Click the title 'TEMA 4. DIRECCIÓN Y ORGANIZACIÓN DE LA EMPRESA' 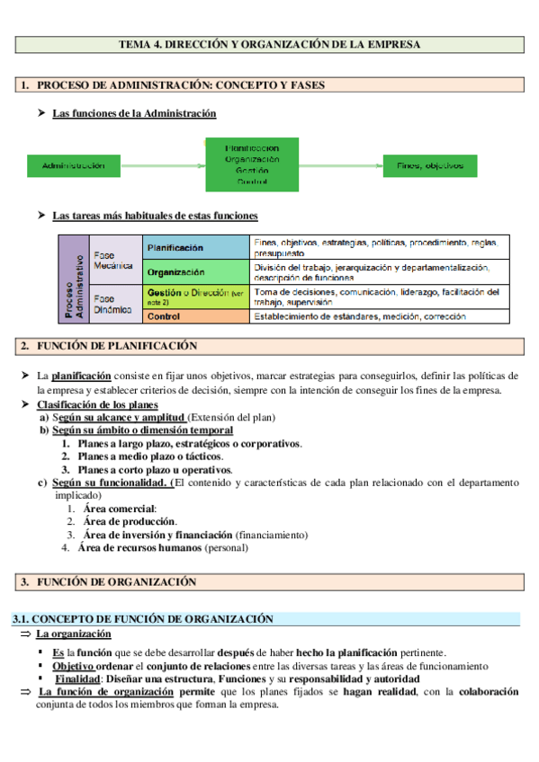click(270, 43)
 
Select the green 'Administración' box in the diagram click(80, 165)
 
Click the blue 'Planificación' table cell click(196, 248)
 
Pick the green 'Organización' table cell click(196, 271)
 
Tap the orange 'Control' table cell click(196, 316)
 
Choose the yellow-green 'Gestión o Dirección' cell click(196, 297)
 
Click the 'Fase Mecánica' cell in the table click(115, 260)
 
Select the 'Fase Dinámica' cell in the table click(115, 304)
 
